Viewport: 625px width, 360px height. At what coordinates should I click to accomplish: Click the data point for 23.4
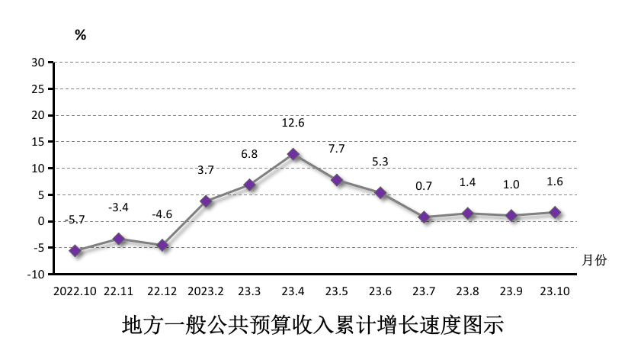pos(293,154)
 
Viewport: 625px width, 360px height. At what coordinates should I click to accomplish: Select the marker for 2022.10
pos(75,250)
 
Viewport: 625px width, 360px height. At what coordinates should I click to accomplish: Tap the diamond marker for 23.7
pos(424,217)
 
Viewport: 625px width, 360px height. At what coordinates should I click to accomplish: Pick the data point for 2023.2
pos(206,201)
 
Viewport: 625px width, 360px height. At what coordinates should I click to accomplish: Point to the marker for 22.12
pos(162,245)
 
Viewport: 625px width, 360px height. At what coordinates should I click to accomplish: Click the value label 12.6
pos(293,123)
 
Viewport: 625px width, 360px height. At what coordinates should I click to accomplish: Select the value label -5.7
pos(75,220)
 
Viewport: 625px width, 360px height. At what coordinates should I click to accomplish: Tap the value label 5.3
pos(380,162)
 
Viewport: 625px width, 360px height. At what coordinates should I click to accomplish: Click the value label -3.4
pos(118,207)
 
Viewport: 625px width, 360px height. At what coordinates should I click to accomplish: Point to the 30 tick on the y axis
pos(37,63)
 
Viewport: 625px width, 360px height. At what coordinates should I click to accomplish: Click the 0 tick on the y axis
pos(40,221)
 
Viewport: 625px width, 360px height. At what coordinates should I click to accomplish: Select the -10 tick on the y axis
pos(35,274)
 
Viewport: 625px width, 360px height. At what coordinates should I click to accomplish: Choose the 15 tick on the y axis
pos(37,142)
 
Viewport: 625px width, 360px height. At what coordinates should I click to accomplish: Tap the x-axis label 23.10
pos(555,291)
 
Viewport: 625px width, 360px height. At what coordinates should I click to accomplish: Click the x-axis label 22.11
pos(118,291)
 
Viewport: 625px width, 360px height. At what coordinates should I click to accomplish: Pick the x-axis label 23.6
pos(380,291)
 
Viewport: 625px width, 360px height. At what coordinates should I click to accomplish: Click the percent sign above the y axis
pos(80,35)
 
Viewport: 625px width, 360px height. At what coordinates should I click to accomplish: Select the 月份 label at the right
pos(594,260)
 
